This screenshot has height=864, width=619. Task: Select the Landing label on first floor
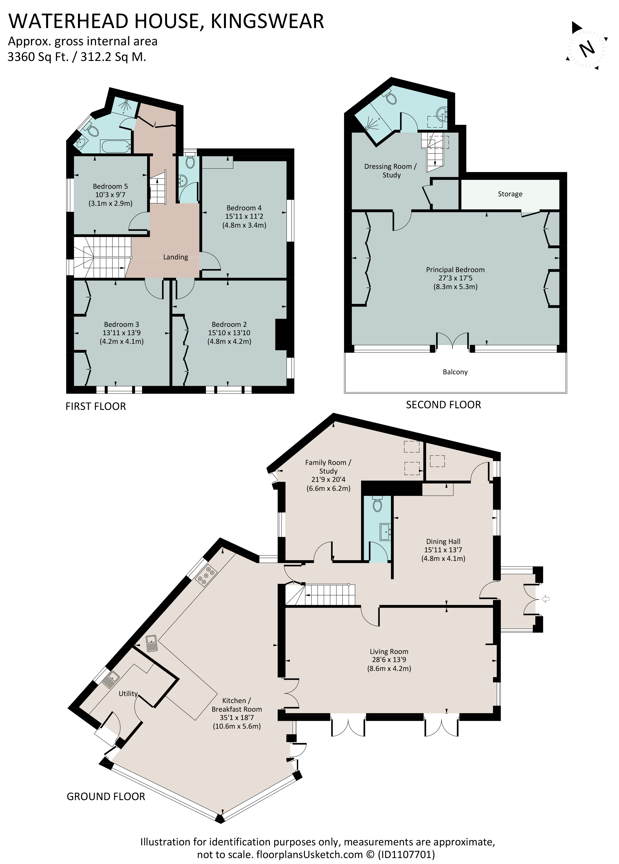click(x=175, y=258)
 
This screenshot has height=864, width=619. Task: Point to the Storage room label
click(x=510, y=194)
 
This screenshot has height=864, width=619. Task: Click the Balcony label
click(x=455, y=372)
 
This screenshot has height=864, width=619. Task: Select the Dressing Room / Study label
click(x=391, y=171)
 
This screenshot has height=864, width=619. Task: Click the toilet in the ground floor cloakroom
click(x=377, y=505)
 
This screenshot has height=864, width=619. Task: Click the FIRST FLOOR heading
click(x=96, y=406)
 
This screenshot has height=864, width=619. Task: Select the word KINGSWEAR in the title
click(x=267, y=21)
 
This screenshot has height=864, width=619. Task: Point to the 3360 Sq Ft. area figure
click(x=38, y=57)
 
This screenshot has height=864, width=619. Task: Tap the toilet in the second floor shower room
click(x=391, y=98)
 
